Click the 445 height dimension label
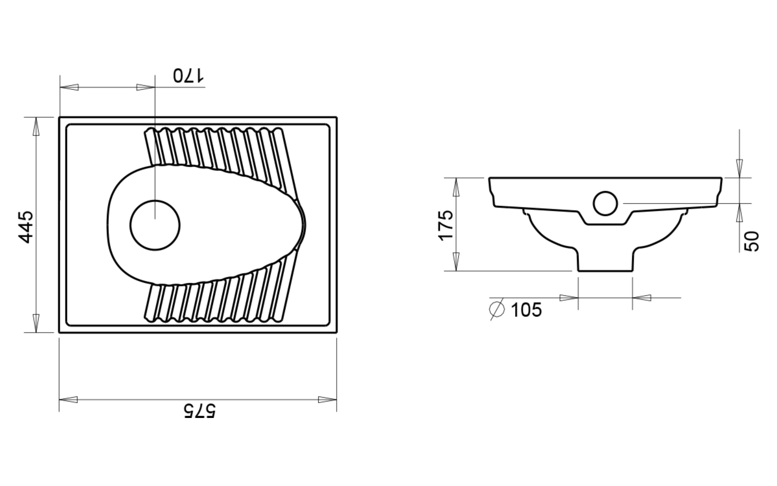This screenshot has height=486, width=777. pos(26,227)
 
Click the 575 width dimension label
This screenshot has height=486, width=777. pos(200,411)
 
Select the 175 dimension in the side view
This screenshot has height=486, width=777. pos(446,225)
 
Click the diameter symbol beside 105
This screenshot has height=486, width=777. pos(497,309)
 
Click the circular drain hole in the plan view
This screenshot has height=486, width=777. pos(155,225)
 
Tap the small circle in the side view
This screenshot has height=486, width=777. pos(605,204)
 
